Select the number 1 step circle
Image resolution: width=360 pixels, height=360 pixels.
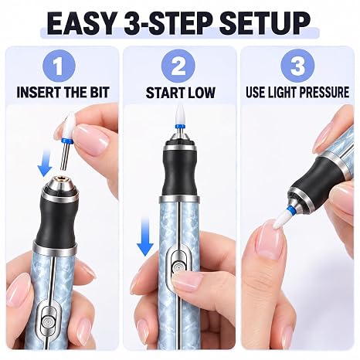click(x=59, y=66)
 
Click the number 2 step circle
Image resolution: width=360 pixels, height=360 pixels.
click(x=178, y=66)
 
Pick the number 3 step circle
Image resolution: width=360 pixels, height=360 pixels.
click(x=297, y=66)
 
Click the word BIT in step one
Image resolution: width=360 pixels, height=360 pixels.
click(x=100, y=92)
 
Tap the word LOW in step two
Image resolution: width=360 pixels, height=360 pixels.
click(x=201, y=93)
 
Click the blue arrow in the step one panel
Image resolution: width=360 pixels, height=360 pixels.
click(x=45, y=165)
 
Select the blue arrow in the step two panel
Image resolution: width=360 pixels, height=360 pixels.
click(x=145, y=236)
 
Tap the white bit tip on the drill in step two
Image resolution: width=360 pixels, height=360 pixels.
click(x=178, y=114)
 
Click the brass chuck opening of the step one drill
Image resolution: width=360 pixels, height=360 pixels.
click(x=60, y=178)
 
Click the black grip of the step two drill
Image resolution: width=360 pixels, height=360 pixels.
click(x=179, y=173)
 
